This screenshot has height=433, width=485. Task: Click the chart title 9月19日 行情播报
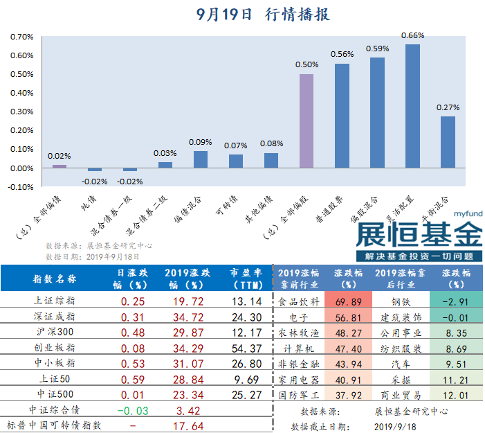(x=263, y=15)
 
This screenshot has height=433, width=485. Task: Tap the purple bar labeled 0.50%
(x=306, y=121)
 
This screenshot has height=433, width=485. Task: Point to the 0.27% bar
(x=448, y=142)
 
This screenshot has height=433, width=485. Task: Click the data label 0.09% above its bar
(x=200, y=142)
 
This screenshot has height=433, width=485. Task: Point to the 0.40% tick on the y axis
(x=22, y=93)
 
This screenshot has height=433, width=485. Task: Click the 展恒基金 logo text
(x=419, y=234)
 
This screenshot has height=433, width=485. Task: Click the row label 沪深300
(x=55, y=332)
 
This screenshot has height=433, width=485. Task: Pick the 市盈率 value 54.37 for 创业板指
(x=246, y=348)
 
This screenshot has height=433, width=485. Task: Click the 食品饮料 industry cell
(x=299, y=301)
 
